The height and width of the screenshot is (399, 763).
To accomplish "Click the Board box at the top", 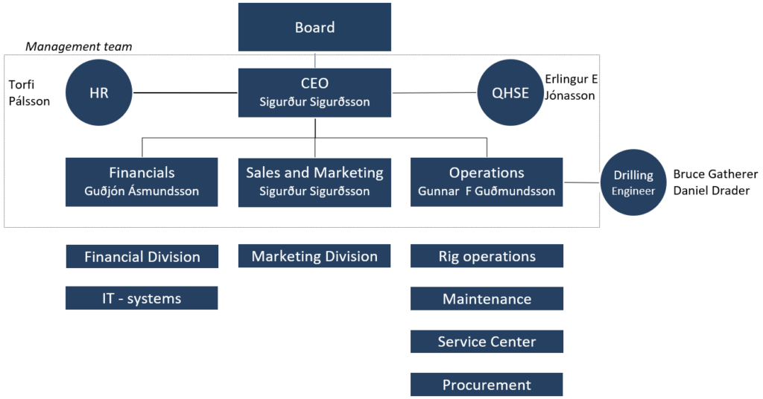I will [x=314, y=28].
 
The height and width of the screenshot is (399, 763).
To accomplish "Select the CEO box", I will [x=314, y=92].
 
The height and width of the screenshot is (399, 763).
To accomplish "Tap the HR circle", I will [x=100, y=93].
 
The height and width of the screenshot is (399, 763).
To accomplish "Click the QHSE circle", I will [x=510, y=93].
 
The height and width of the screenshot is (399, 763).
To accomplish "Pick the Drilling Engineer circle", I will [x=633, y=182].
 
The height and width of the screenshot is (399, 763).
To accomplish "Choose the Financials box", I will [x=142, y=182].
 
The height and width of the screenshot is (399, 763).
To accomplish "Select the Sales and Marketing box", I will [x=314, y=182].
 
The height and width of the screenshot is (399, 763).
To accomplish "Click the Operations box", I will [x=487, y=182].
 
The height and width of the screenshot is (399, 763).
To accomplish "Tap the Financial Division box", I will [x=142, y=257].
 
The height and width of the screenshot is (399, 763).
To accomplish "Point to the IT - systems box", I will [x=142, y=299].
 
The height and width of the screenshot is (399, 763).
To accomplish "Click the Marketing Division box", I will [x=314, y=256].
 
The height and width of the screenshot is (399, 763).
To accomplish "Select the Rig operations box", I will [x=487, y=256].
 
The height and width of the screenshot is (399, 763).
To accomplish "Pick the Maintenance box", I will [x=487, y=299].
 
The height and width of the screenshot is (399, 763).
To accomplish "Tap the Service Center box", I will [x=487, y=342].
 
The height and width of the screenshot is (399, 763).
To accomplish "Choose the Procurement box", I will [x=487, y=385].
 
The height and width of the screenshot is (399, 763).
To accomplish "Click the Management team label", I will [x=78, y=47].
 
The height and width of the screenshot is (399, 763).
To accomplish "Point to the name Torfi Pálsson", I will [x=28, y=93].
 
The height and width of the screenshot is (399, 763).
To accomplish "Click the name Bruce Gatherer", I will [x=715, y=174].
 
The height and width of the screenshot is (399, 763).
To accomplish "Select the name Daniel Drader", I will [x=709, y=190].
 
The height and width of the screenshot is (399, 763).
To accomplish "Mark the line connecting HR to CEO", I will [x=186, y=93].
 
